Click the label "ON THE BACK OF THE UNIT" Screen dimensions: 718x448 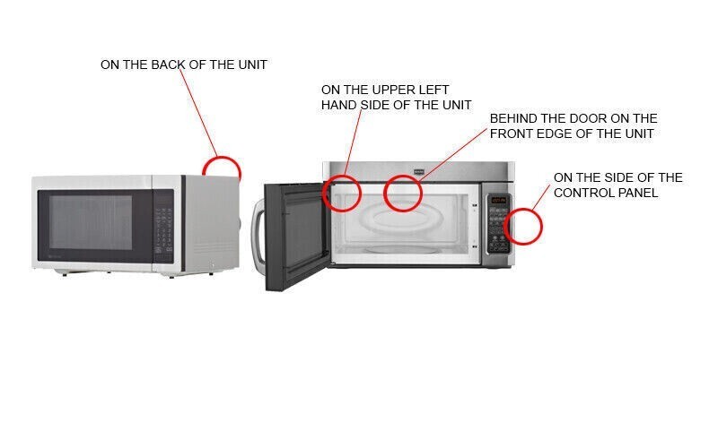(x=184, y=65)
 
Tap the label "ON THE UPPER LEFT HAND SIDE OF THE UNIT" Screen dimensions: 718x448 (x=396, y=97)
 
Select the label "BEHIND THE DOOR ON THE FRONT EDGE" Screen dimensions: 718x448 (x=574, y=125)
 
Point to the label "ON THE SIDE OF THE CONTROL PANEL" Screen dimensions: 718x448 (x=617, y=185)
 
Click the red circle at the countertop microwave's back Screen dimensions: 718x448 (x=222, y=159)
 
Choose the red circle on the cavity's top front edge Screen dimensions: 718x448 (x=402, y=175)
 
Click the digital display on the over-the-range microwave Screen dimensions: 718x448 (x=498, y=200)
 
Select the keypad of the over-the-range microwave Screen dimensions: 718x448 (x=498, y=229)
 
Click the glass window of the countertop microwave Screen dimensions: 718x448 (x=91, y=222)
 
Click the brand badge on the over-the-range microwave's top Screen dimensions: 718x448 (x=419, y=172)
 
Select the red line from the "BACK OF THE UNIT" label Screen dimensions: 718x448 (x=198, y=113)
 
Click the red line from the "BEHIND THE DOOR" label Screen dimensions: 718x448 (x=452, y=156)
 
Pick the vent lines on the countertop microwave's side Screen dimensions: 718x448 (x=213, y=249)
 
